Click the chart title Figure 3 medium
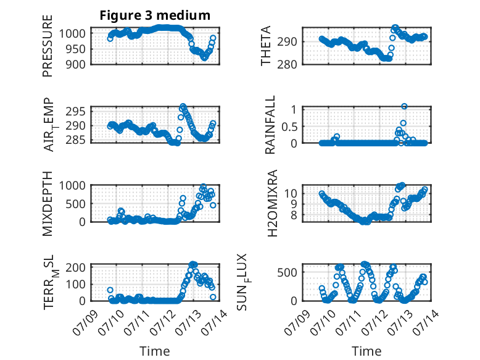155,15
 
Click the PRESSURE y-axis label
48,46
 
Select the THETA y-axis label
266,46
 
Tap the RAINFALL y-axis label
270,125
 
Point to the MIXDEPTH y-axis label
48,204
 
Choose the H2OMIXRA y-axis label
272,203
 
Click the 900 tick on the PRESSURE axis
75,64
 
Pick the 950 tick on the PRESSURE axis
75,49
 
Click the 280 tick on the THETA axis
287,64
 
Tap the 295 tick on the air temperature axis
75,111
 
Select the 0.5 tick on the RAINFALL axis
289,127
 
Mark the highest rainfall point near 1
404,106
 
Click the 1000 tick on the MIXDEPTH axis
72,185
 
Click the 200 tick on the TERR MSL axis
75,267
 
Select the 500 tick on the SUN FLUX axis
287,272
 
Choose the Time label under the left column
155,351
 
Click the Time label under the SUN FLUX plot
366,351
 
